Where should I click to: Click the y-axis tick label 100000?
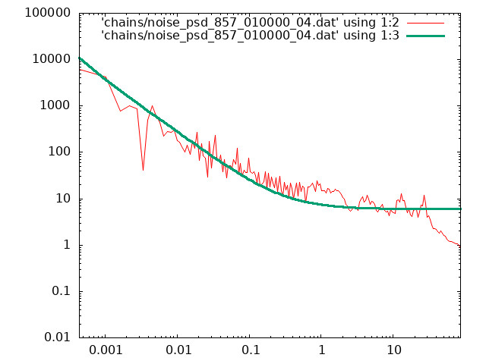(48, 13)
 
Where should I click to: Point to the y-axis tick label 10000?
(52, 59)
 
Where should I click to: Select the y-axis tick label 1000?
(55, 105)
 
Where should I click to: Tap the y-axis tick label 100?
(59, 152)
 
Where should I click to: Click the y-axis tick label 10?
(63, 199)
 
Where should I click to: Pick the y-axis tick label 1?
(67, 245)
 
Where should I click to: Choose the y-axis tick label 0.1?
(61, 291)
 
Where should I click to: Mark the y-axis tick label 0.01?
(58, 337)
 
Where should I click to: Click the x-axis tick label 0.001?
(106, 350)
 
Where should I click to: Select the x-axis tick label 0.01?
(178, 350)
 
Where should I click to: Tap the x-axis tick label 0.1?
(251, 350)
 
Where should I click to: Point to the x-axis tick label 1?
(322, 350)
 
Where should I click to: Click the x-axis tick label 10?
(393, 350)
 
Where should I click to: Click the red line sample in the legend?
(425, 23)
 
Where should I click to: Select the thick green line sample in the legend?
(425, 36)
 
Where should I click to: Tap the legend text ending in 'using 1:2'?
(250, 23)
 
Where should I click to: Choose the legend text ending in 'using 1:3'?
(250, 36)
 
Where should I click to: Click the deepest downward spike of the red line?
(143, 170)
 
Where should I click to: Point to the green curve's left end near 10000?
(80, 58)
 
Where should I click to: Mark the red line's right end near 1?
(459, 246)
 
